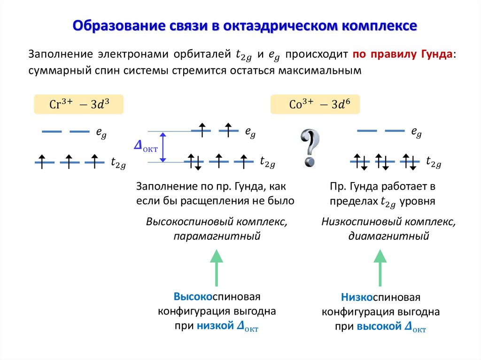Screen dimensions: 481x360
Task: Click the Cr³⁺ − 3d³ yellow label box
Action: [79, 104]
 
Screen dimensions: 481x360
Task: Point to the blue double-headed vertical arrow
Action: [163, 147]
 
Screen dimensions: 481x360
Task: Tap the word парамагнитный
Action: [217, 236]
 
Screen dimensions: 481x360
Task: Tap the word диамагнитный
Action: [388, 236]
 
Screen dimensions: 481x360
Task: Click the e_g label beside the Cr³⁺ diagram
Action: [101, 133]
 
